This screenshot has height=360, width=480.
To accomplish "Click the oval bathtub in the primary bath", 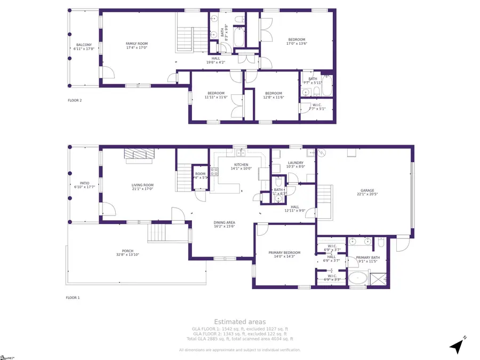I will (357, 278).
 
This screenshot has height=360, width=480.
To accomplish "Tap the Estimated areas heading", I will (239, 322).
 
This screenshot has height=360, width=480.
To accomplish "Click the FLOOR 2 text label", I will (74, 100).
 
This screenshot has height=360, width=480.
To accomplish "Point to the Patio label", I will (83, 185).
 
